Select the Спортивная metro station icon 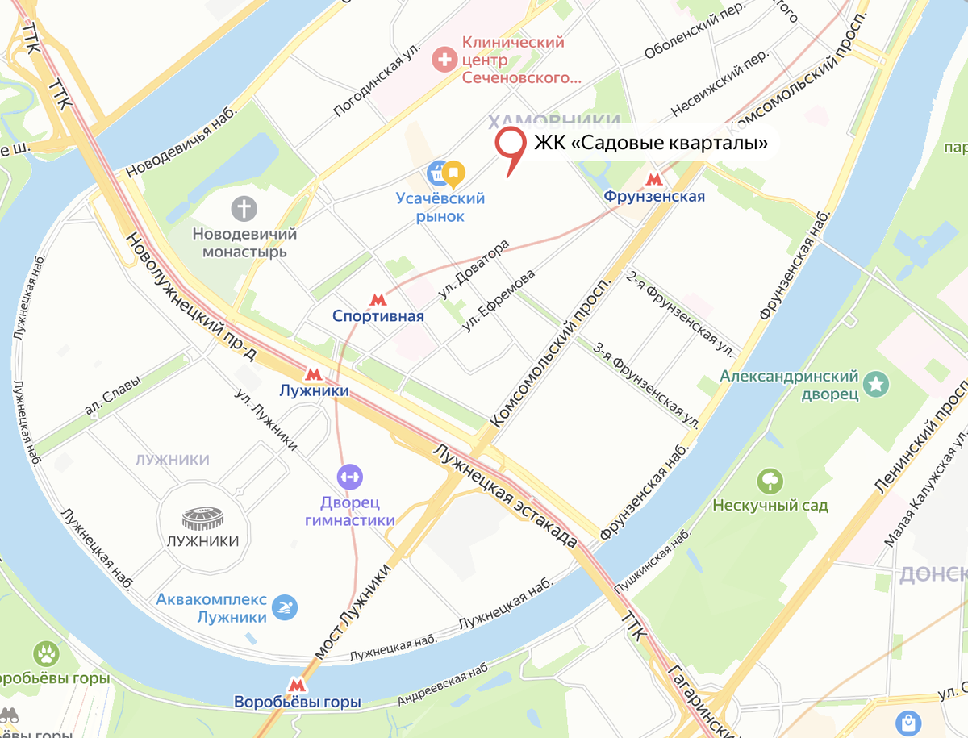coord(377,299)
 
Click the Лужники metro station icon coord(313,374)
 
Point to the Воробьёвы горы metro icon coord(298,685)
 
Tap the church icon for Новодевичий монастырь coord(244,209)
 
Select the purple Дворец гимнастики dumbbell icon coord(350,477)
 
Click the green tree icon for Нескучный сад coord(770,482)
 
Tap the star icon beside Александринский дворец coord(874,385)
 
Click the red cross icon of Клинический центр coord(443,57)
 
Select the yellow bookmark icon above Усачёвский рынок coord(454,172)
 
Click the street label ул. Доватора coord(474,270)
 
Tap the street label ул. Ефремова coord(499,301)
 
